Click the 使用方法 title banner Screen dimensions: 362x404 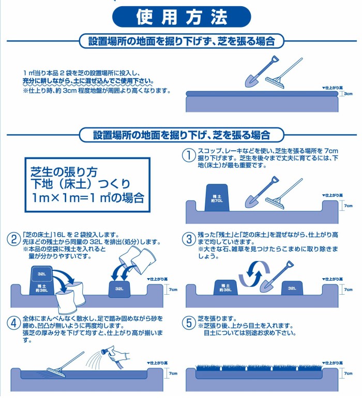(x=182, y=17)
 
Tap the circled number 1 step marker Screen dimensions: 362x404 (x=189, y=155)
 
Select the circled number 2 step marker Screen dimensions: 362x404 (x=14, y=239)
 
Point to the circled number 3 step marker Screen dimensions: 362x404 (x=189, y=239)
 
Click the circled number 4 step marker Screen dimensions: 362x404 (x=14, y=323)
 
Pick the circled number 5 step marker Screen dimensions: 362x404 (x=189, y=323)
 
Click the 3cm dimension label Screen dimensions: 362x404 (x=348, y=94)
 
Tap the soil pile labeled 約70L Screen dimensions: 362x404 (x=217, y=198)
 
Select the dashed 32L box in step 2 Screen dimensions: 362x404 (x=42, y=275)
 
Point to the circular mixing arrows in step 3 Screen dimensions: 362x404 (x=254, y=273)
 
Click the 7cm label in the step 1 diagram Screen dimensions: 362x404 (x=349, y=206)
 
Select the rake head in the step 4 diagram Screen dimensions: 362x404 (x=56, y=372)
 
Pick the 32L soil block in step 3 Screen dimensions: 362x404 (x=292, y=288)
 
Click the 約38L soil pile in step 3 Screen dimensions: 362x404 (x=225, y=287)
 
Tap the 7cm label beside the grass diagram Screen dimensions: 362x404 (x=349, y=373)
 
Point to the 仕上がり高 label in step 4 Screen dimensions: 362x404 (x=157, y=363)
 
